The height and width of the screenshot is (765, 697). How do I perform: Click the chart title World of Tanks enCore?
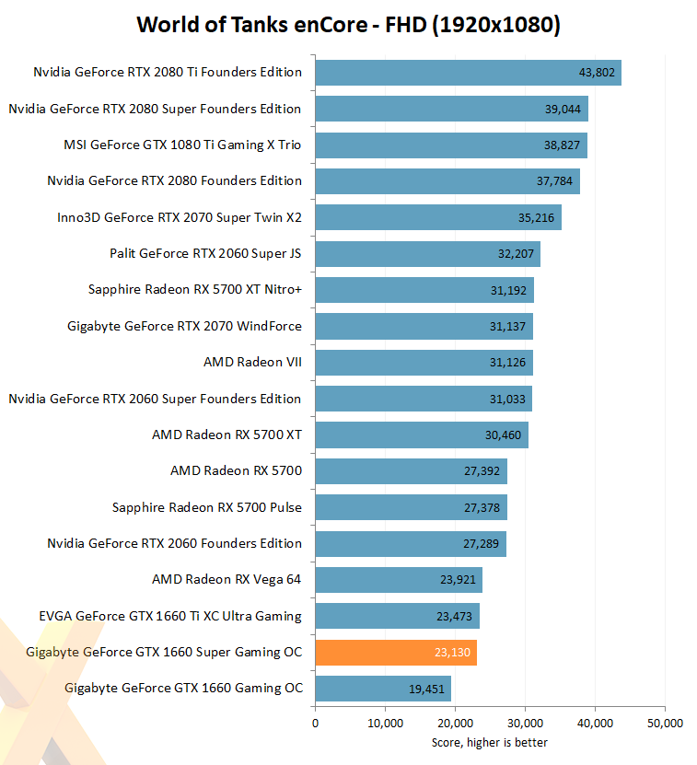pos(348,25)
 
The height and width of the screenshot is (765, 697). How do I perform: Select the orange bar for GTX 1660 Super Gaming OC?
pos(396,652)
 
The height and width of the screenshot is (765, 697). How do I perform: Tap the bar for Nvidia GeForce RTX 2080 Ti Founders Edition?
pos(468,73)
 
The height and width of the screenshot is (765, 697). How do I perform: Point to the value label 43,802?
pos(597,73)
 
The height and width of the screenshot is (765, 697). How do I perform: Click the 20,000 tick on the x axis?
pos(455,724)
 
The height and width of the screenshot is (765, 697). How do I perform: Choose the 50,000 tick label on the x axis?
pos(664,724)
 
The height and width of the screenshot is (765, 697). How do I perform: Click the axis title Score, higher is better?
pos(490,742)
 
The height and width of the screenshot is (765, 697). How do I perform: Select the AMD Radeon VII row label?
pos(252,362)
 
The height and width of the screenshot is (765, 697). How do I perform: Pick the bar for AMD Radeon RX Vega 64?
pos(399,580)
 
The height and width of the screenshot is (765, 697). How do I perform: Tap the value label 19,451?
pos(426,689)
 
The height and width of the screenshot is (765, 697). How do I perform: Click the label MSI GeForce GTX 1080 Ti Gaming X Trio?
pos(182,145)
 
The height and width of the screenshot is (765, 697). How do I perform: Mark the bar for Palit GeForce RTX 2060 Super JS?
pos(427,253)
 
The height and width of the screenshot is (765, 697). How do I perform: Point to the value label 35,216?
pos(537,217)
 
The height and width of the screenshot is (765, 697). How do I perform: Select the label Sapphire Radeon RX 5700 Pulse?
pos(207,507)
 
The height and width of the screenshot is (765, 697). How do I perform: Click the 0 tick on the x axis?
pos(316,724)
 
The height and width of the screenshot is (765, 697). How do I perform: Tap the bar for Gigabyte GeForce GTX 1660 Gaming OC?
pos(383,689)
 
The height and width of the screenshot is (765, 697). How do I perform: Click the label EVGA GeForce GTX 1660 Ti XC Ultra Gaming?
pos(170,616)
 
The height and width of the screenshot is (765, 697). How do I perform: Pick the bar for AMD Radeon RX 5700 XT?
pos(422,435)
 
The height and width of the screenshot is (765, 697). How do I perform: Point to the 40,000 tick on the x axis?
pos(594,724)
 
